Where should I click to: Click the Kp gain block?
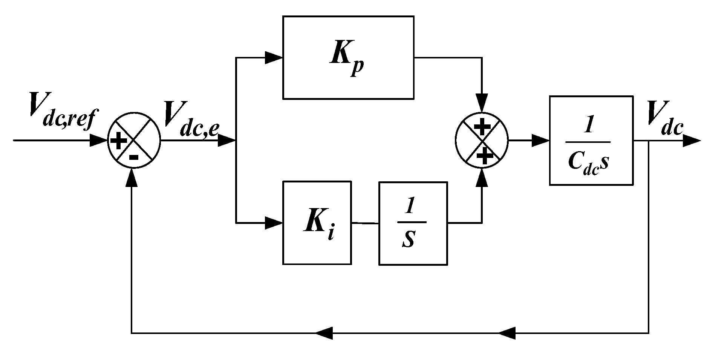(348, 57)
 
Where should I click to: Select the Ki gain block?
(317, 223)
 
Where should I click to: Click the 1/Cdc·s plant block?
(591, 140)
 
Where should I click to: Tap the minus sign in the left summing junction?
(134, 156)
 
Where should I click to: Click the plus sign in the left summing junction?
(118, 142)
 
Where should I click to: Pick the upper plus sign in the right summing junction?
(481, 127)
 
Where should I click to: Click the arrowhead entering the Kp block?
(274, 58)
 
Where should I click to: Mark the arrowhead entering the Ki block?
(274, 223)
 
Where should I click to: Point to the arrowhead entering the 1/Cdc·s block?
(540, 141)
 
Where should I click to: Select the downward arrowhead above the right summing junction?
(482, 103)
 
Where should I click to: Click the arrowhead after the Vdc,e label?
(227, 141)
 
